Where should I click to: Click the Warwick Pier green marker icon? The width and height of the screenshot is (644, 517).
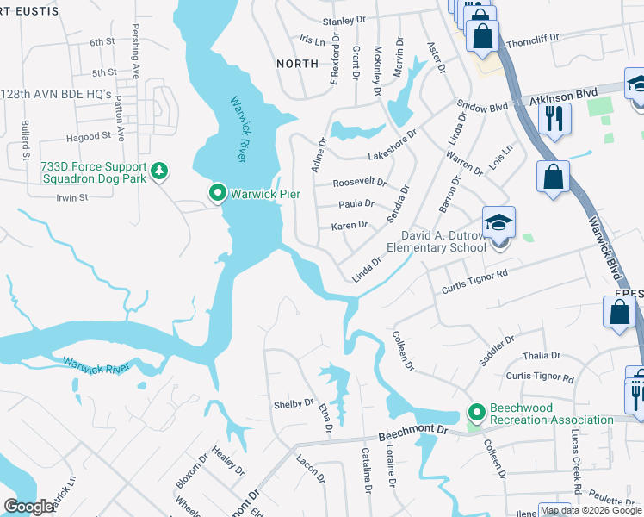point(217,193)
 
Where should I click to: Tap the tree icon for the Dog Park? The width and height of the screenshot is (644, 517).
point(158,172)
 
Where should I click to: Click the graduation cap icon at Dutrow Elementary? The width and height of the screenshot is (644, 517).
point(498,223)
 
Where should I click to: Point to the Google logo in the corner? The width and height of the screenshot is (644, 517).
point(28,507)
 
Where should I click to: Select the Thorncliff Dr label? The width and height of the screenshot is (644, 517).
point(533,38)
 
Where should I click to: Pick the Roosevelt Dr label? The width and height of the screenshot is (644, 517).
point(360,183)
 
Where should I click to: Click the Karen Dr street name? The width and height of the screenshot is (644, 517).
point(350,225)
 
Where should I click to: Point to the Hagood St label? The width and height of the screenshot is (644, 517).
point(90,135)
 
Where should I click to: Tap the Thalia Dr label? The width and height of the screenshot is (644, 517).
point(542,355)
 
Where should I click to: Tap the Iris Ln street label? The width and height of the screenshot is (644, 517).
point(310,40)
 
